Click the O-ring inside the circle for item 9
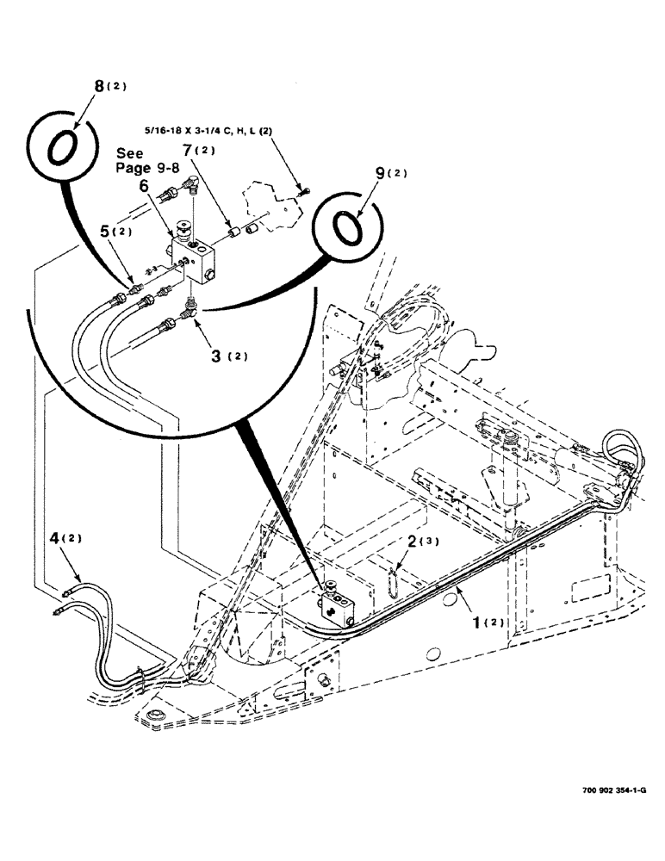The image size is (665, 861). click(345, 229)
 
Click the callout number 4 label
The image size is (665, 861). click(54, 538)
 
